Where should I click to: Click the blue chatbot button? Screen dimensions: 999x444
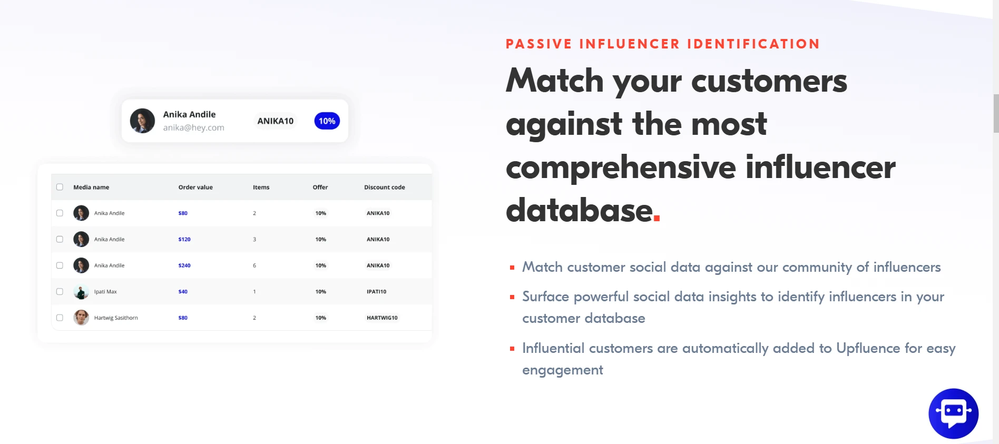[x=953, y=413]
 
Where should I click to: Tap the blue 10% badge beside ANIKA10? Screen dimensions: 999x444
[x=327, y=121]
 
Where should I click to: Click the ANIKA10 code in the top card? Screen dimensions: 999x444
[x=275, y=121]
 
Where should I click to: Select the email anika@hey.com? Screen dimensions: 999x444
[x=193, y=127]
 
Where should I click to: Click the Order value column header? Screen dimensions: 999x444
[x=195, y=187]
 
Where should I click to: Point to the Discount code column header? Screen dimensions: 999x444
[x=385, y=187]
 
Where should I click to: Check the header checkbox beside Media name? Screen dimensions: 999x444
[x=60, y=187]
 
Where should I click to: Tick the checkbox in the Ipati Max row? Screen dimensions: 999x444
[x=60, y=291]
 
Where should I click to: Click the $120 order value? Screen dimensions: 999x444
[x=184, y=239]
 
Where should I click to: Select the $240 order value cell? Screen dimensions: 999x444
[x=184, y=265]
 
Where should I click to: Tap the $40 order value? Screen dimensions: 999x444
[x=183, y=291]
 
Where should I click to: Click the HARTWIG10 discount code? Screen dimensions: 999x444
[x=382, y=318]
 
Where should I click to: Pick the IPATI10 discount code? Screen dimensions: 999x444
[x=376, y=291]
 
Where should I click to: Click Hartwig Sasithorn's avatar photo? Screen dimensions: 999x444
[x=81, y=318]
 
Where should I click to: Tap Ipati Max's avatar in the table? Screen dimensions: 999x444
[x=81, y=291]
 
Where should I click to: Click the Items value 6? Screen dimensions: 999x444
[x=254, y=265]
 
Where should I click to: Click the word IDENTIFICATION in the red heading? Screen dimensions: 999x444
[x=753, y=44]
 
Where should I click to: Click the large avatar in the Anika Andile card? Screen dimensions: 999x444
[x=142, y=121]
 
